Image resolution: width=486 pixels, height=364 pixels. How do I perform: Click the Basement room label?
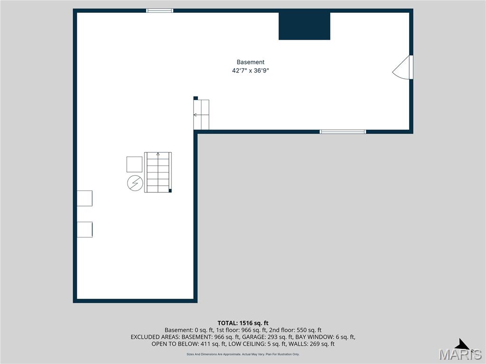250,62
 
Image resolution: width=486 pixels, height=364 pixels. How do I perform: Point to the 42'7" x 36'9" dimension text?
250,71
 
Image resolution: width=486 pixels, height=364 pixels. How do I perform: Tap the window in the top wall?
160,10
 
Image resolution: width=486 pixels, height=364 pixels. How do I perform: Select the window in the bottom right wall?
343,131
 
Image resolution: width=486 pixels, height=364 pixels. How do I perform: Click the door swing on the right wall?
403,67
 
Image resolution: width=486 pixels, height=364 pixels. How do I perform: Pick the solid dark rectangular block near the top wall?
304,26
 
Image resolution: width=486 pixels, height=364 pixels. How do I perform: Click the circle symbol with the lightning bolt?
134,183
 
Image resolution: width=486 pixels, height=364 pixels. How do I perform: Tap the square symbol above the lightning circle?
134,164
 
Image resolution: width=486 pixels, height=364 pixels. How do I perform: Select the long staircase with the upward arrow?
158,172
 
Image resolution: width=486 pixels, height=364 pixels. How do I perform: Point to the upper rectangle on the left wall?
84,198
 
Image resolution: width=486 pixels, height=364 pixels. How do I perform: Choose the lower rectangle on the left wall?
84,229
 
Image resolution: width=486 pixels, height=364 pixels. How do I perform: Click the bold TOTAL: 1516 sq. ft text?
243,323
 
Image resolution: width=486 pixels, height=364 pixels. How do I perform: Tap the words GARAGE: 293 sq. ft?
269,337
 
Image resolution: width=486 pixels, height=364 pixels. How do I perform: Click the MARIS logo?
460,352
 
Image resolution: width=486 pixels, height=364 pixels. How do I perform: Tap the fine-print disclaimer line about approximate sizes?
243,354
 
